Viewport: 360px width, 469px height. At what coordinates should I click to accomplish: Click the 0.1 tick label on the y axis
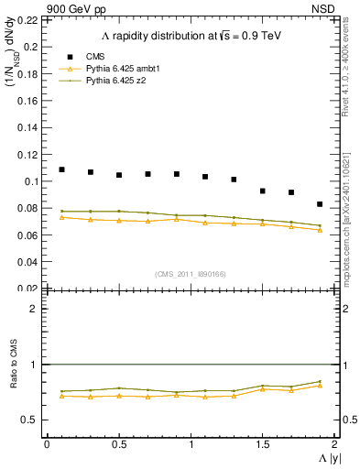point(33,181)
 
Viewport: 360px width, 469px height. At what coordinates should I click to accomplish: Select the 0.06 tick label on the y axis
point(29,235)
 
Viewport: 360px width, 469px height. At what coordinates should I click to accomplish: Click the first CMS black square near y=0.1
point(61,169)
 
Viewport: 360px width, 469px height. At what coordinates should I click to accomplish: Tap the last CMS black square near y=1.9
point(320,204)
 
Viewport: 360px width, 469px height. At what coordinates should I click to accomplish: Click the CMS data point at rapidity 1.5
point(262,191)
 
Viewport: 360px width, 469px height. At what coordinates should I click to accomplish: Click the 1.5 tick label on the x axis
point(262,443)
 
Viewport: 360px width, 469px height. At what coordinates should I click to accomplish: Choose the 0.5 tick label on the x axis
point(118,443)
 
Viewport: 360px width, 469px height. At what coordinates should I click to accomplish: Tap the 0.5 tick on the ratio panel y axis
point(33,420)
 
